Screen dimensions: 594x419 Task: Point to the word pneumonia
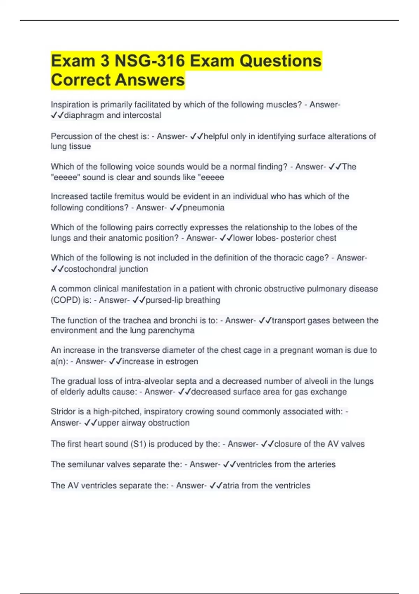click(x=204, y=208)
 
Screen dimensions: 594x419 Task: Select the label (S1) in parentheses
click(x=138, y=444)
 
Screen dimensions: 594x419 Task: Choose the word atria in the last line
click(x=231, y=486)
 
